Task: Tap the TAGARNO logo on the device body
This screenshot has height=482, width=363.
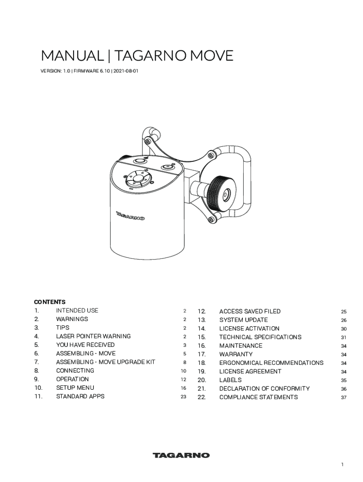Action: pos(130,216)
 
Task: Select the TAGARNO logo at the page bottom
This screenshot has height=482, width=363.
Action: pos(181,455)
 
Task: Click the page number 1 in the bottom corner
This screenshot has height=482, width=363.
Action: pos(343,465)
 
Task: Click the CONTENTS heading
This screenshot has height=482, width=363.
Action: pos(49,302)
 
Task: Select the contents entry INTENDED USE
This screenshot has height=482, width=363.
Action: pos(77,311)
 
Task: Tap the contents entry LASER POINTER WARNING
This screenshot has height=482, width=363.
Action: pos(93,337)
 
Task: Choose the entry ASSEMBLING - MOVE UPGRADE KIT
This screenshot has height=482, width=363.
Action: pos(106,362)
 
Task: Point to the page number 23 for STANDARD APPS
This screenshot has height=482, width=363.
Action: pos(183,397)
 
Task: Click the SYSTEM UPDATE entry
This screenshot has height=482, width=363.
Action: pos(243,320)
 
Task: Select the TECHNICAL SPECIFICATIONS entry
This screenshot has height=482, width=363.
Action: pos(260,337)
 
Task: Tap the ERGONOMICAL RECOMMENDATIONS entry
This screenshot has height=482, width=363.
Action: pos(271,363)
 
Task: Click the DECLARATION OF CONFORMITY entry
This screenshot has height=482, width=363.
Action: pos(264,389)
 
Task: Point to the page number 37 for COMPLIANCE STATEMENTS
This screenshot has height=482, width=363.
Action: pos(344,398)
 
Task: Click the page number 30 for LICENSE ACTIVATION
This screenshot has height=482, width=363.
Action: pos(344,329)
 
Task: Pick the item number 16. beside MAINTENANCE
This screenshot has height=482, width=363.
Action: pos(202,345)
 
